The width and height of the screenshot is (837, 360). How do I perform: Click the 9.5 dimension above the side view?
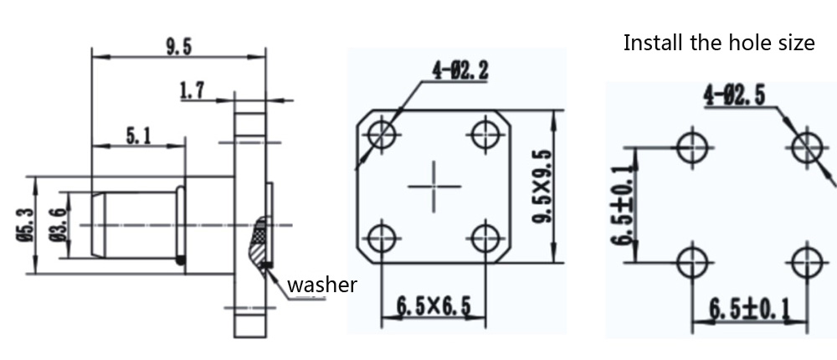point(178,47)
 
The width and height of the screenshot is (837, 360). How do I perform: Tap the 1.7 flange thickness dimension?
point(192,90)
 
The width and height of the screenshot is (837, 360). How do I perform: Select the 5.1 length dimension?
point(138,136)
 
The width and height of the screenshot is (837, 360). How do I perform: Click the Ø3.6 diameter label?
point(59,225)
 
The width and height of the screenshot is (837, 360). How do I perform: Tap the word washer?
point(322,285)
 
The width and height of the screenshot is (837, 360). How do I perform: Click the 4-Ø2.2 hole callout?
point(460,70)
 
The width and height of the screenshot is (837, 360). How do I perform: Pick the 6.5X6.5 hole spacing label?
point(434,306)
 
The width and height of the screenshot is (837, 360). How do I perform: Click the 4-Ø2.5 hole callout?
point(734,95)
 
